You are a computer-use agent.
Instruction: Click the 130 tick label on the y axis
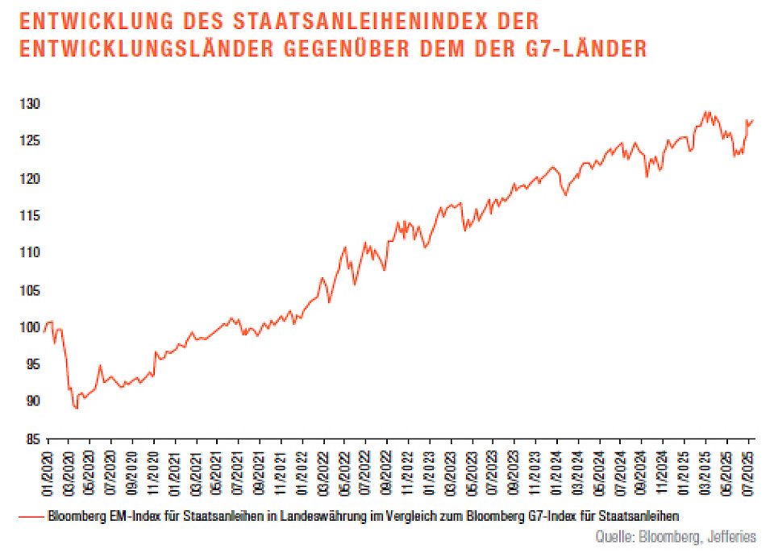pyautogui.click(x=31, y=104)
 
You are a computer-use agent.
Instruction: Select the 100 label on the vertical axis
pyautogui.click(x=31, y=327)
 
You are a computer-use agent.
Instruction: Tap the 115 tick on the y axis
pyautogui.click(x=31, y=216)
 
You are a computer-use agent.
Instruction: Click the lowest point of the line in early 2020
pyautogui.click(x=77, y=409)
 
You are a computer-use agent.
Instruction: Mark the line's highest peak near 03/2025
pyautogui.click(x=706, y=112)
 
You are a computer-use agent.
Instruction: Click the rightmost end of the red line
pyautogui.click(x=753, y=120)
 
